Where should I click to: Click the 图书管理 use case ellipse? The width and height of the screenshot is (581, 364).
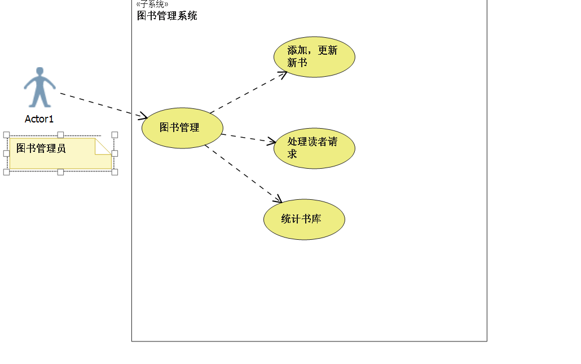182,128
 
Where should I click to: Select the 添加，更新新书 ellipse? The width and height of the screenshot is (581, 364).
314,56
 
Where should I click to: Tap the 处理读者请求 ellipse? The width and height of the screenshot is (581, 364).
314,148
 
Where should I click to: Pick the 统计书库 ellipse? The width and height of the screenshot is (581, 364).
304,220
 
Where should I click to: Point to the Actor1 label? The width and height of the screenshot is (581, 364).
39,119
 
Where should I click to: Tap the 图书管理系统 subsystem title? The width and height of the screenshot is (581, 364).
167,16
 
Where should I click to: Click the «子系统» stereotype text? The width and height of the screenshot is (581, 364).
152,4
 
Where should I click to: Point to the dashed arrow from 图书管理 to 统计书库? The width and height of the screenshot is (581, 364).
243,173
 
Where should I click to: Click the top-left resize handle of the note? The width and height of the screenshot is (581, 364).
6,135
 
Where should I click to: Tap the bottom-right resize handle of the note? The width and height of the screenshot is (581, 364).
115,172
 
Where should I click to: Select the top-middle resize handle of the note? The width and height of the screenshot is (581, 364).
60,135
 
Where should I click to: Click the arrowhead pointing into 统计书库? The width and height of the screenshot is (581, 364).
278,199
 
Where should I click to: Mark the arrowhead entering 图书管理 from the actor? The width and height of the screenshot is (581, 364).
143,116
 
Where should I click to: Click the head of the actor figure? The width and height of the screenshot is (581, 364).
39,72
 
